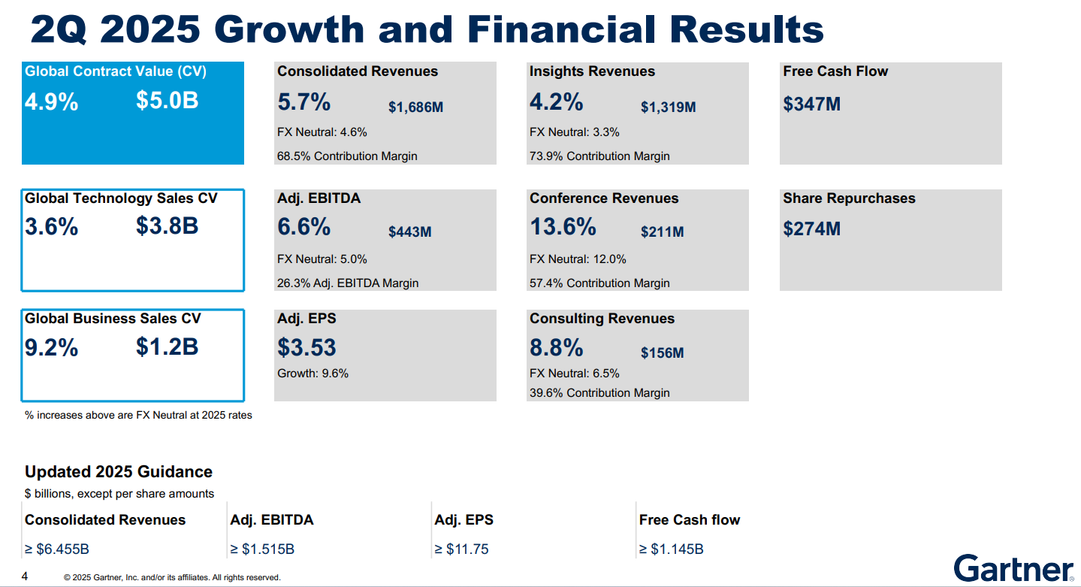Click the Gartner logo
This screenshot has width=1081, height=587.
click(1013, 568)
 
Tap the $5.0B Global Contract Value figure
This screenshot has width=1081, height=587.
click(167, 101)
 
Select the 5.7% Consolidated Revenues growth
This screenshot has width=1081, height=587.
click(303, 101)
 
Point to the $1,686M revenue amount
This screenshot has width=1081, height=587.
click(415, 107)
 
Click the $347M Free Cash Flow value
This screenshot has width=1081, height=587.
click(811, 104)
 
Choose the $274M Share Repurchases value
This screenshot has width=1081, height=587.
click(811, 228)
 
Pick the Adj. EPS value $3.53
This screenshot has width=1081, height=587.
click(306, 347)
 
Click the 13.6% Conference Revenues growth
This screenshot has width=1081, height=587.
click(563, 226)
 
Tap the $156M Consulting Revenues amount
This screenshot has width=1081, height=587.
click(662, 353)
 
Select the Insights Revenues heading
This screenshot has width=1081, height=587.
click(592, 71)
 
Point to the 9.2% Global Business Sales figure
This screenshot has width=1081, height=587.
click(51, 348)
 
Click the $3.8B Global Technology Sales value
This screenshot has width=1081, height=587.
click(167, 225)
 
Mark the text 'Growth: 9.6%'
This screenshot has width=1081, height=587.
click(313, 374)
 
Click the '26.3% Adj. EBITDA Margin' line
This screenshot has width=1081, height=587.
click(348, 283)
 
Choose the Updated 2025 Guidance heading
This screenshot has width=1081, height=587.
click(119, 472)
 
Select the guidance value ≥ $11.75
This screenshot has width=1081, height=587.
click(461, 549)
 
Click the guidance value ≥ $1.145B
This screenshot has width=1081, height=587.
click(671, 549)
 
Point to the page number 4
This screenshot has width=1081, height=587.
click(25, 576)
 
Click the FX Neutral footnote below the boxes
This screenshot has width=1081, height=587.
click(138, 415)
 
